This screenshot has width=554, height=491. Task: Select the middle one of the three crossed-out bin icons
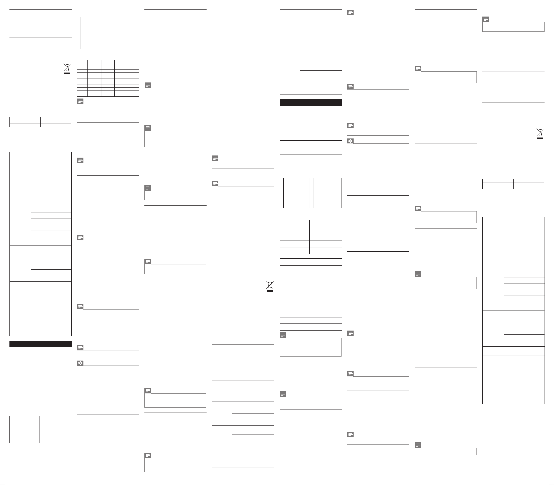[270, 285]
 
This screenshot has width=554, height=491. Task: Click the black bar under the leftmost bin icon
[67, 73]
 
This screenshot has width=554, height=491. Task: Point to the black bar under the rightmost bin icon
[540, 138]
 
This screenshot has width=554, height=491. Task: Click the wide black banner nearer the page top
[311, 102]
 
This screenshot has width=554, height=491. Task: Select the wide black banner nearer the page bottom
[40, 344]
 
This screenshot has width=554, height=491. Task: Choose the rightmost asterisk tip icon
[351, 141]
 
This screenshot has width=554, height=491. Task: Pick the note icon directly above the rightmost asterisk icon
[351, 125]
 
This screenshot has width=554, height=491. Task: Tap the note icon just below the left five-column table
[80, 101]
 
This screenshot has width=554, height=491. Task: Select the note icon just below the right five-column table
[283, 335]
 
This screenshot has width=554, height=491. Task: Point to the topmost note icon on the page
[351, 13]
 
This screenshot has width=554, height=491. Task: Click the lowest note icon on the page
[148, 456]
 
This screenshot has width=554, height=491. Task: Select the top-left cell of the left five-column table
[82, 65]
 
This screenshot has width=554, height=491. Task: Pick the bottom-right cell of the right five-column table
[335, 327]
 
